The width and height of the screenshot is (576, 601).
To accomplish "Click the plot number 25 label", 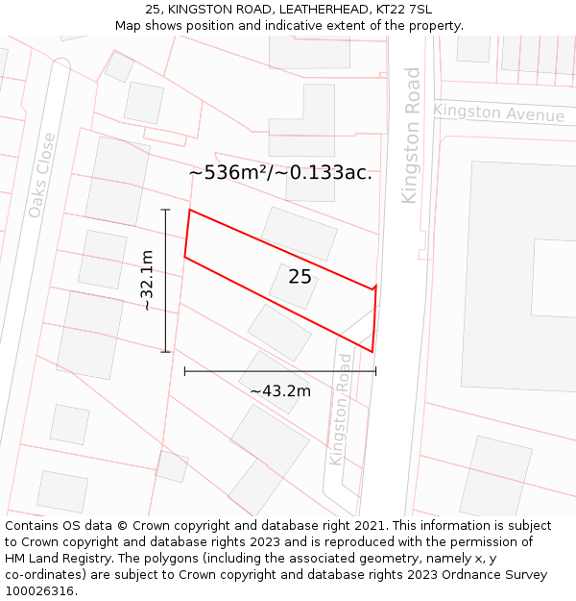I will point(300,277).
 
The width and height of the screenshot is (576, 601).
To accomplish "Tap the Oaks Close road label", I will point(42,175).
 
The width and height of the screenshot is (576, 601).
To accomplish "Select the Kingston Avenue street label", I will point(498,113).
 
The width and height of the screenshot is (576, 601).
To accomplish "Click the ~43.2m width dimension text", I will point(280,391).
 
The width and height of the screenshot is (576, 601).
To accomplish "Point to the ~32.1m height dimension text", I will point(147,280).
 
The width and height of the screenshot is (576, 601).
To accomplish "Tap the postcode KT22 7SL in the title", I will point(398,9).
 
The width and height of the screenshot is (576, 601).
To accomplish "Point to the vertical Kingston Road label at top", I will point(411,135).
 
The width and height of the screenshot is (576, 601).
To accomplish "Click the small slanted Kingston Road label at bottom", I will point(340,409).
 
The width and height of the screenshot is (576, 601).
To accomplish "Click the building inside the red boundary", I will point(294,286).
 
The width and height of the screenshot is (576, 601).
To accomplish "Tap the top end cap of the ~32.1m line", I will point(165,210).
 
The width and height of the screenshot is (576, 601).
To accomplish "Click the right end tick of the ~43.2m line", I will point(375,370).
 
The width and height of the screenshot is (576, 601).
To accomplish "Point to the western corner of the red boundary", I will point(185,257).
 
